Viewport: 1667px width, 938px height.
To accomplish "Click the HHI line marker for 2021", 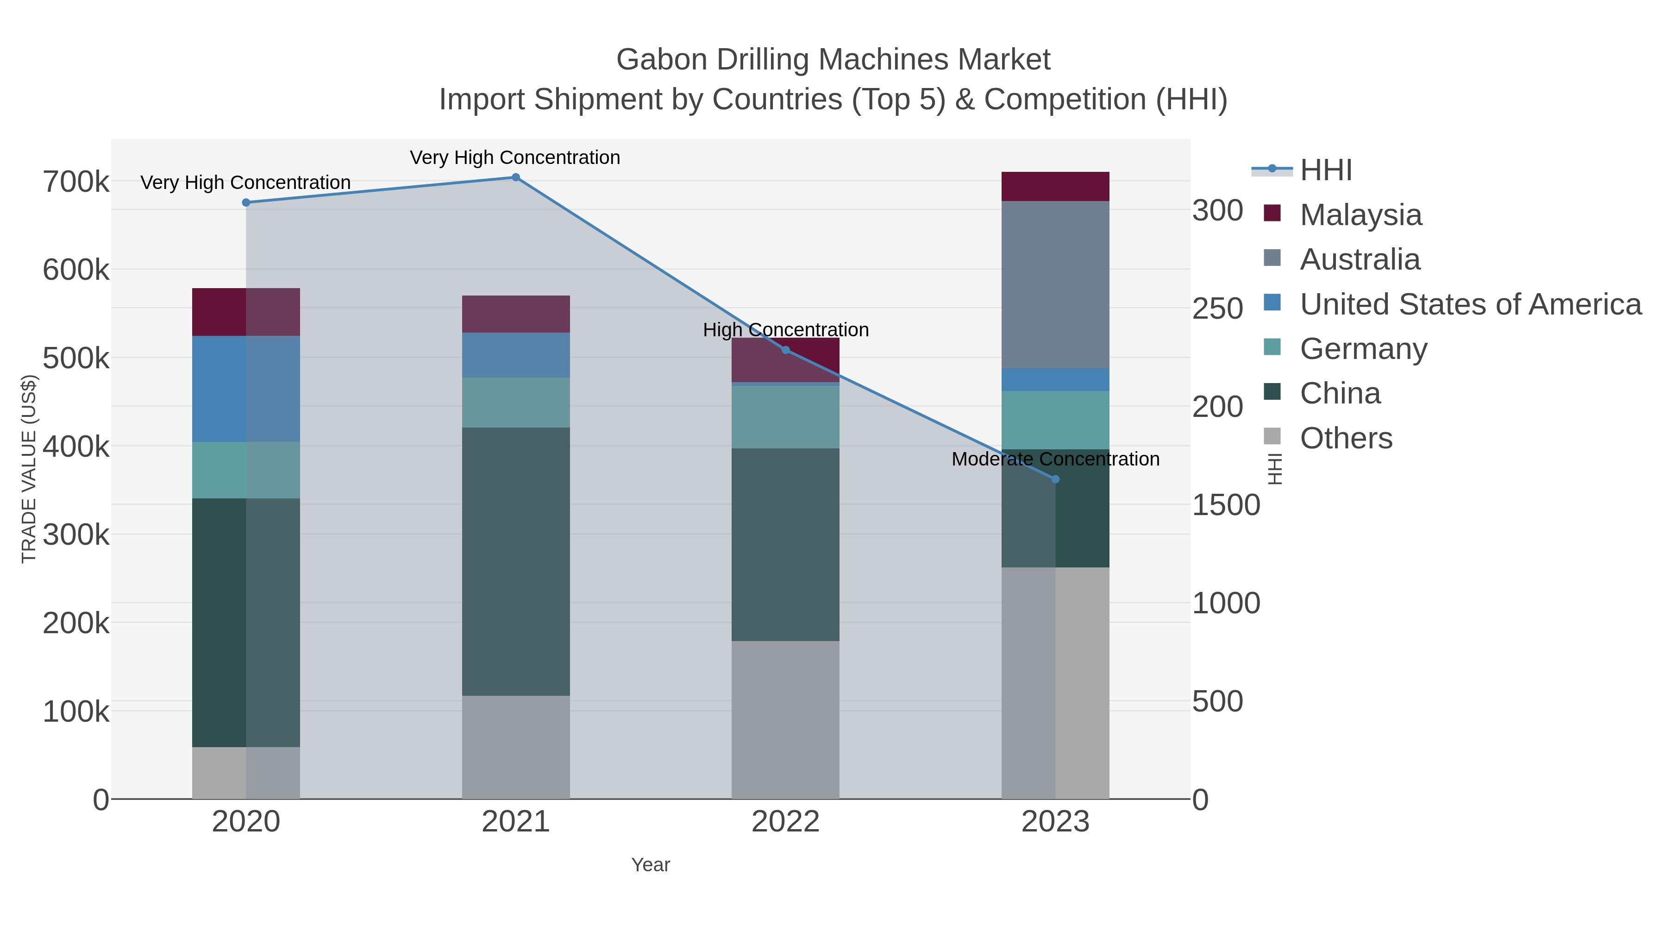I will coord(516,177).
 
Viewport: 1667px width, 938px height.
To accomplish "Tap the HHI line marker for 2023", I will coord(1055,480).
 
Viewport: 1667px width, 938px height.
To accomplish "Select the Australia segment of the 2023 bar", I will coord(1055,285).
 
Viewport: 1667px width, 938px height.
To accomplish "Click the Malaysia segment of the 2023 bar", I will coord(1055,186).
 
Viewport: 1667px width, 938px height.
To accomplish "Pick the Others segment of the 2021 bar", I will coord(516,747).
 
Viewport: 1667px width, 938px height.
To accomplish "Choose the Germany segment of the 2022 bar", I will coord(786,417).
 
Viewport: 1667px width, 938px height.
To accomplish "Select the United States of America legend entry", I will coord(1470,304).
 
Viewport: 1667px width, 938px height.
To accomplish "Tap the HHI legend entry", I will coord(1325,170).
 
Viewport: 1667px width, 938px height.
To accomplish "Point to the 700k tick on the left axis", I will coord(76,182).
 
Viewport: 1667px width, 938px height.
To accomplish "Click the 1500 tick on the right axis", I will coord(1226,505).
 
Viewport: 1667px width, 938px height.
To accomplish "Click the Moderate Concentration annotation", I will coord(1055,459).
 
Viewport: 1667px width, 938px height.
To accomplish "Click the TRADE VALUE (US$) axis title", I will coord(29,469).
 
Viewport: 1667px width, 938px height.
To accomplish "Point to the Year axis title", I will coord(651,865).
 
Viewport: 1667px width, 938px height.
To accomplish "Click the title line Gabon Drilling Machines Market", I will coord(833,60).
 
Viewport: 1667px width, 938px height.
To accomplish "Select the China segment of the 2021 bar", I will coord(516,561).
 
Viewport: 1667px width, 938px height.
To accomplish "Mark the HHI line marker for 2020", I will coord(246,202).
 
